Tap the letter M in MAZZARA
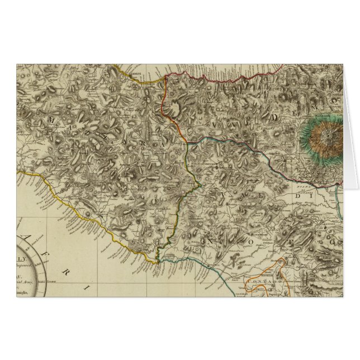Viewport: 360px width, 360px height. [53, 120]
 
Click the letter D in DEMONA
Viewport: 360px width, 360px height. [275, 117]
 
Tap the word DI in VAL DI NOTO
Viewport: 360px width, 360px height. [305, 197]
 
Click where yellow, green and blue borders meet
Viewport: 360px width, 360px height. [159, 259]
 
